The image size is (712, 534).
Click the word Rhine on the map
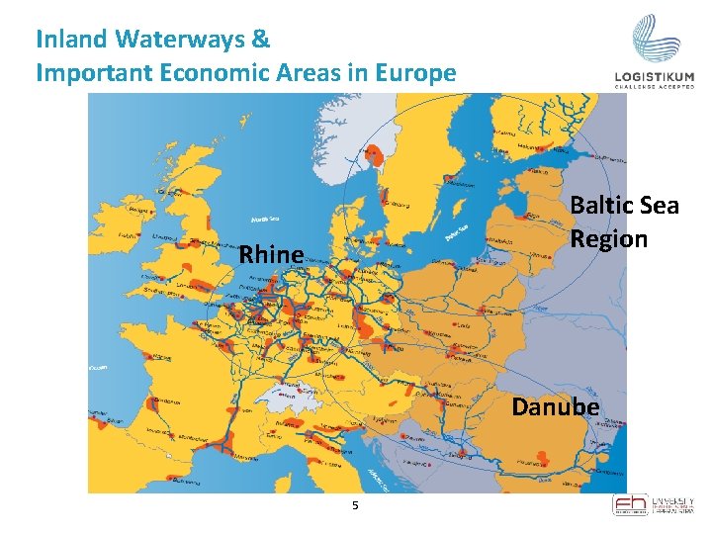click(271, 254)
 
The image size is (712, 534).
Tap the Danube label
click(555, 406)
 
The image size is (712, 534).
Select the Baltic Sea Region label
click(624, 222)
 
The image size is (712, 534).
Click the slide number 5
click(354, 506)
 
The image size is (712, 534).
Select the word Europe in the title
click(418, 72)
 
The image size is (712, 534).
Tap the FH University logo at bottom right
click(653, 504)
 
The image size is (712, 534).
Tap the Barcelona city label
click(187, 481)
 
